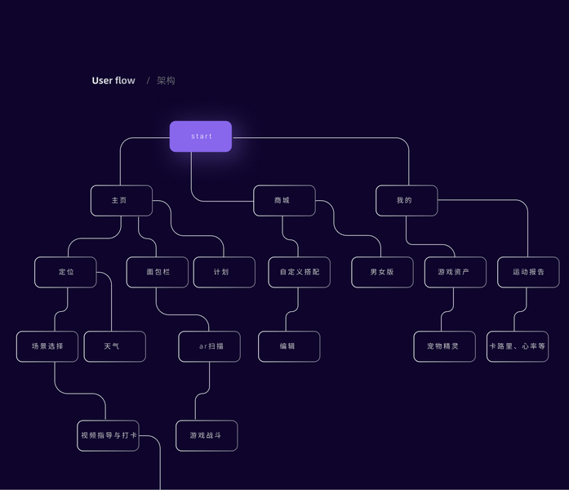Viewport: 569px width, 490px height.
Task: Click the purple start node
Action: pos(201,136)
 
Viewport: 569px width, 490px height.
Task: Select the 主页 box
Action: pos(122,201)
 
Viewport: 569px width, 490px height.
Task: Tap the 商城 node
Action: pos(284,201)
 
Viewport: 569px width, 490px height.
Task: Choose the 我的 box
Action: pos(407,201)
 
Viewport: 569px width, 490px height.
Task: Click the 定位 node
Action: pos(65,272)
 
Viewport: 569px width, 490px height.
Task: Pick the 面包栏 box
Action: pos(158,272)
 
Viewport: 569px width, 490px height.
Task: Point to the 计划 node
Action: pos(224,272)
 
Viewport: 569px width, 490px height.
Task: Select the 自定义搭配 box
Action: pos(300,272)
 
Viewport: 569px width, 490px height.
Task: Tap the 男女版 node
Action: pos(383,272)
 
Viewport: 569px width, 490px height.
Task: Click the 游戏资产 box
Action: pos(456,272)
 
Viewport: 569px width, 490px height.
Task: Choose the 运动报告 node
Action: pos(528,272)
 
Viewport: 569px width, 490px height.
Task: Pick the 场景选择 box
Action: pos(47,346)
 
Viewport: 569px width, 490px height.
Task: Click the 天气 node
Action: pos(114,346)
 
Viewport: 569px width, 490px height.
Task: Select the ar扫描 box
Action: pos(209,346)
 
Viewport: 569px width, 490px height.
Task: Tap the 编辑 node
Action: pos(289,346)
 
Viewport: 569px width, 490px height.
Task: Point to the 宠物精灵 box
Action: pos(445,346)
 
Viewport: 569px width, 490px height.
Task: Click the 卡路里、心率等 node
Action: pos(518,346)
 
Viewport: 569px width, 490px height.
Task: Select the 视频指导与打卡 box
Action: pos(108,436)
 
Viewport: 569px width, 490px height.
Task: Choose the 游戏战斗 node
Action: pos(207,436)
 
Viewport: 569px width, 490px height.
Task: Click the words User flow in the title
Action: pos(113,81)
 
